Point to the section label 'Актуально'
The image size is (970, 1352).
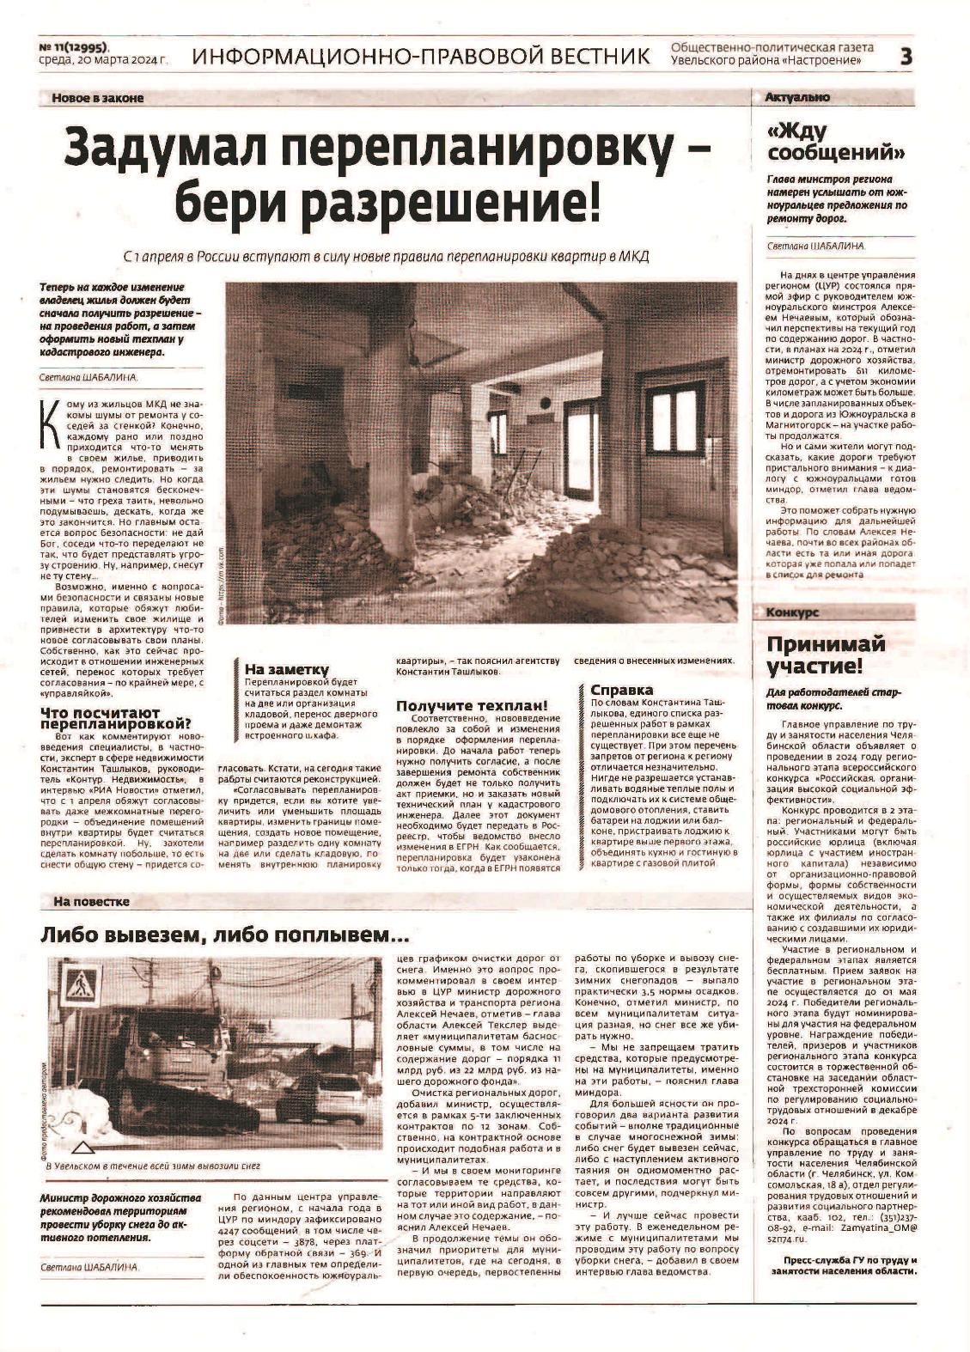(x=796, y=98)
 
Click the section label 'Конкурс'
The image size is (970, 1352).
(x=791, y=613)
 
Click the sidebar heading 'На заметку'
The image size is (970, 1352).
(x=286, y=669)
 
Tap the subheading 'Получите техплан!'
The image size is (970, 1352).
(x=471, y=706)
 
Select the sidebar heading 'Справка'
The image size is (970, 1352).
(x=621, y=690)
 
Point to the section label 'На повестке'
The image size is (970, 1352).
(x=90, y=902)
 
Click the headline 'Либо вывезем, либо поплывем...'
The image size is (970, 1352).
(x=224, y=935)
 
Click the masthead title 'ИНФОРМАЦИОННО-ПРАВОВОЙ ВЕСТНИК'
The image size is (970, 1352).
(x=421, y=57)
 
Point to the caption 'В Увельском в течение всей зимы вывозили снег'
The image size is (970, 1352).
(x=151, y=1166)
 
